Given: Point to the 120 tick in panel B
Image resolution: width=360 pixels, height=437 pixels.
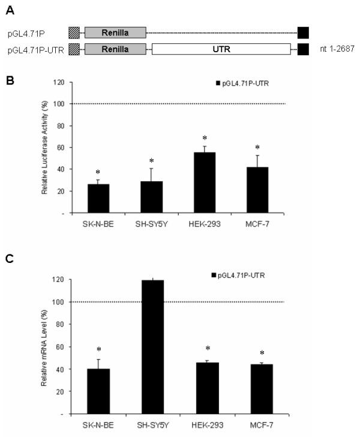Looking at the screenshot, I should click(x=58, y=82).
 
